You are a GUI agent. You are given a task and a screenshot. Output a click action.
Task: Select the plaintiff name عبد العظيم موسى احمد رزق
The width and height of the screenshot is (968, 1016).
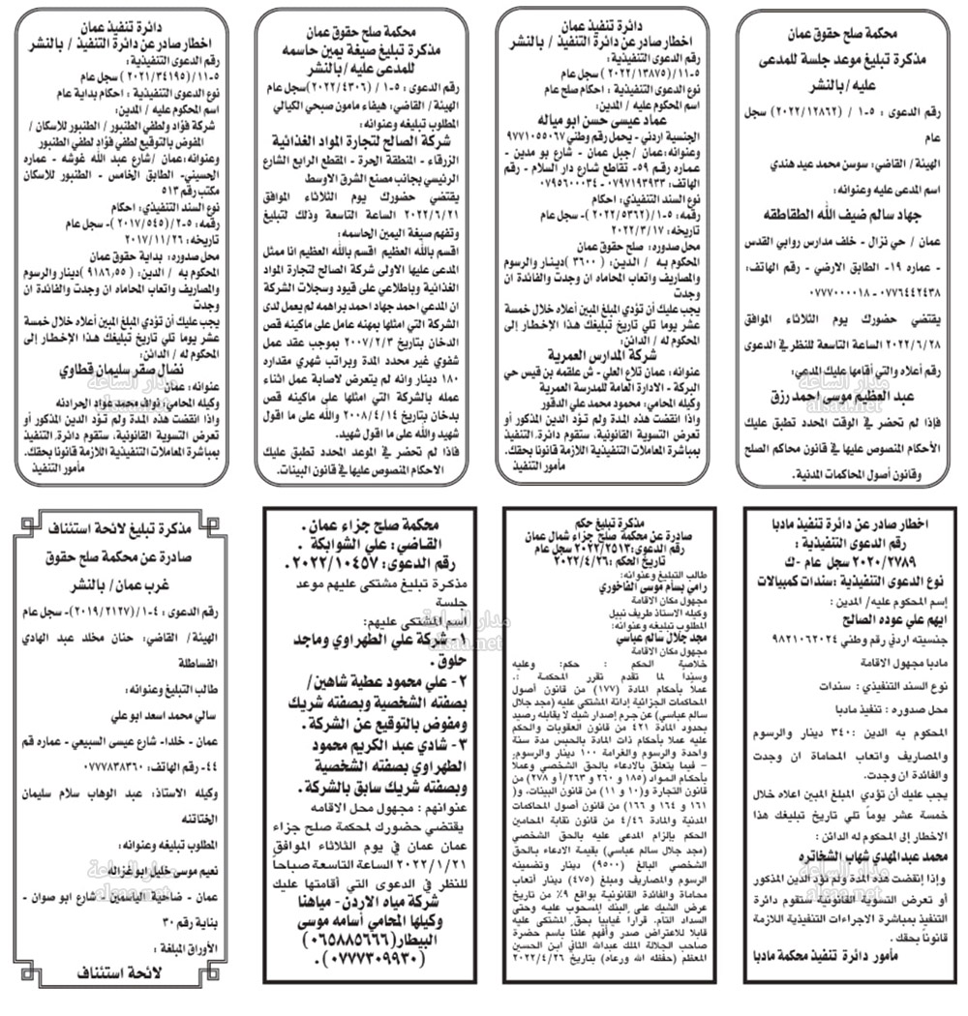(x=845, y=398)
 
